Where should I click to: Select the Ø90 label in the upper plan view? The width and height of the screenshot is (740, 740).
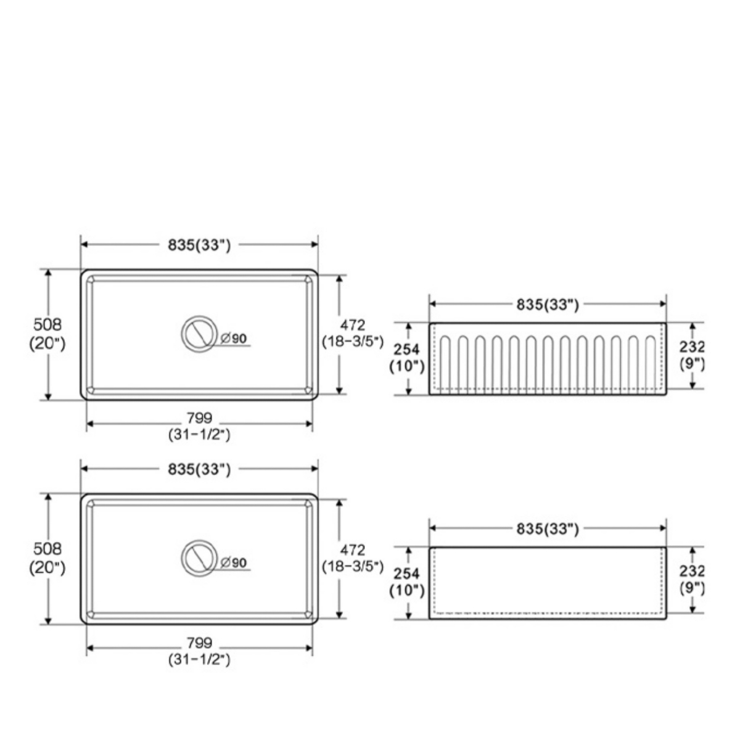pyautogui.click(x=234, y=338)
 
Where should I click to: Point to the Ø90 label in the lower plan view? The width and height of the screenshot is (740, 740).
pyautogui.click(x=234, y=562)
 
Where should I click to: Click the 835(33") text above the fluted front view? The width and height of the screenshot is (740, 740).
pyautogui.click(x=548, y=304)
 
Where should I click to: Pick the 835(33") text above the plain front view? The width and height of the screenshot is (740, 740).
pyautogui.click(x=548, y=528)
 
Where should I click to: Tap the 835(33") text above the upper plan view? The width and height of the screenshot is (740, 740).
pyautogui.click(x=199, y=245)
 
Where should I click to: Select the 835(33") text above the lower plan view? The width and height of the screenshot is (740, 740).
pyautogui.click(x=199, y=469)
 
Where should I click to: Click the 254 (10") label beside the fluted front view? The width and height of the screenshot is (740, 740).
pyautogui.click(x=406, y=358)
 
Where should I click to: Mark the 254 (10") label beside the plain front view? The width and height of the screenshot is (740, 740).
pyautogui.click(x=406, y=582)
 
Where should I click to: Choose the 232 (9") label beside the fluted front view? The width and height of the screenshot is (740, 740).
pyautogui.click(x=693, y=355)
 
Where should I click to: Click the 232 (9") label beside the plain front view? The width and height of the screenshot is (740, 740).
pyautogui.click(x=693, y=580)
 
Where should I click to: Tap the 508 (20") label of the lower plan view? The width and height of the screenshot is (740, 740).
pyautogui.click(x=47, y=557)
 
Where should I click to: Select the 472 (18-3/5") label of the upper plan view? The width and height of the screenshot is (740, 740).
pyautogui.click(x=352, y=333)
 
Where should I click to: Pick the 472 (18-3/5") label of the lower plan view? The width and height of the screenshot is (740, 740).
pyautogui.click(x=352, y=557)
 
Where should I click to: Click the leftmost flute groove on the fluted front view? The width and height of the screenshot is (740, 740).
pyautogui.click(x=446, y=364)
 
